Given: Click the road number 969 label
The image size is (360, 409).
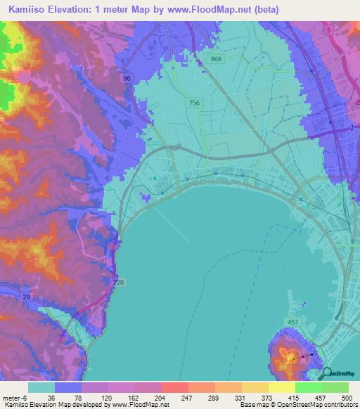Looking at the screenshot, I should [x=215, y=60].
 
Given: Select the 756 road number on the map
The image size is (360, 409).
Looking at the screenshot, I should [x=193, y=103].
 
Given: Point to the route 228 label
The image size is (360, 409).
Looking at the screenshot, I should [x=118, y=283].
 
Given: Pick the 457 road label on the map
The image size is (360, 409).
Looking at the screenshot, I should [x=292, y=322].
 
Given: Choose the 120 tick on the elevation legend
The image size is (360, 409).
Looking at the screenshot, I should [x=108, y=397].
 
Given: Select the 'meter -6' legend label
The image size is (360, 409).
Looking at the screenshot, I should [x=14, y=397].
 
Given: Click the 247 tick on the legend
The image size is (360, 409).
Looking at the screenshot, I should [x=188, y=397].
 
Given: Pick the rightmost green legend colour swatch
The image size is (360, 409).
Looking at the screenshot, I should [x=335, y=387].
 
